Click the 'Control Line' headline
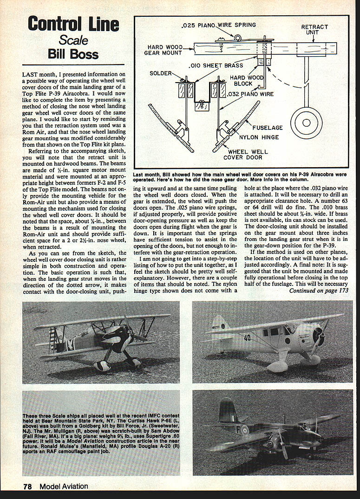tap(73, 24)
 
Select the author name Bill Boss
tap(73, 54)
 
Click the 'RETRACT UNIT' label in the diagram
tap(314, 30)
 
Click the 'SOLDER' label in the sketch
tap(160, 73)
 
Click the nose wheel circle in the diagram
tap(306, 123)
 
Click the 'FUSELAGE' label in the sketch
tap(272, 128)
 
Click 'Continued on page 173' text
tap(319, 291)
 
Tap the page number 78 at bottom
tap(27, 486)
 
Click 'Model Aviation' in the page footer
tap(64, 486)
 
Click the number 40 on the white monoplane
tap(248, 337)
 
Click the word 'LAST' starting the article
tap(31, 74)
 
